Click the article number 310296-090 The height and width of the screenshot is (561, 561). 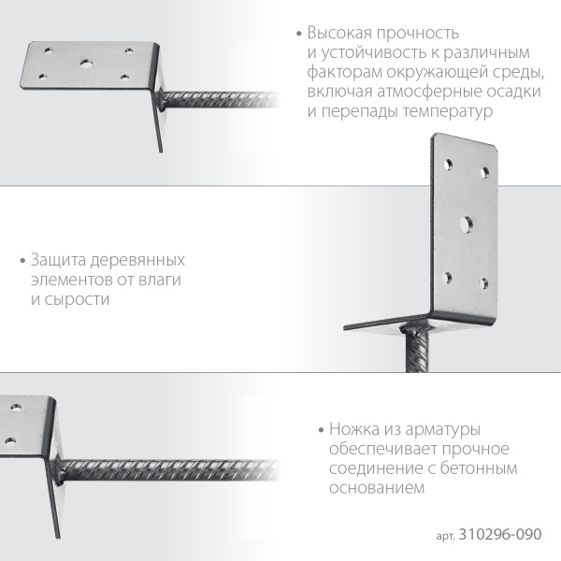[500, 534]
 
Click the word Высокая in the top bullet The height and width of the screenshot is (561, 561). [339, 33]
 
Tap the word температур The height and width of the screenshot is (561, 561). [448, 111]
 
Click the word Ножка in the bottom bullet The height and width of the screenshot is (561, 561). [354, 429]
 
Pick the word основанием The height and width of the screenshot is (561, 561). [377, 488]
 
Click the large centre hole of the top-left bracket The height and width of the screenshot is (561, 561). [85, 64]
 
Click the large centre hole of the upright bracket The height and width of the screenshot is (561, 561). [466, 224]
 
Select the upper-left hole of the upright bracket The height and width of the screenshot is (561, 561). [448, 165]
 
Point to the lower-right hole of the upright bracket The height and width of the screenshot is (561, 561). [483, 283]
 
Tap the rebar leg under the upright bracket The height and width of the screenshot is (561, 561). [417, 350]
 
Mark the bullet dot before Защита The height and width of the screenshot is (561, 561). [22, 261]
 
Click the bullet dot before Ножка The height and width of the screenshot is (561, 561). [321, 430]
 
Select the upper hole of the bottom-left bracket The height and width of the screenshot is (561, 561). [16, 407]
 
